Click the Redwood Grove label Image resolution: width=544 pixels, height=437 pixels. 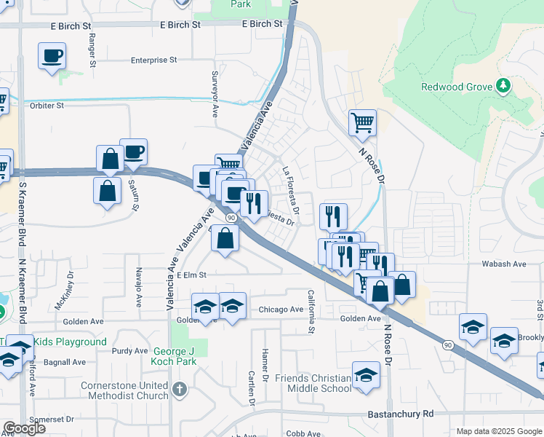click(457, 87)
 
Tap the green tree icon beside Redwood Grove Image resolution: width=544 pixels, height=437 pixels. click(503, 87)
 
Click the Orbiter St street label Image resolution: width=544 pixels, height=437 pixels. click(47, 106)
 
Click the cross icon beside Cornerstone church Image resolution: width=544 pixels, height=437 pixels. click(181, 390)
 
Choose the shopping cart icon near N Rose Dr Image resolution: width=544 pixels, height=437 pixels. click(362, 122)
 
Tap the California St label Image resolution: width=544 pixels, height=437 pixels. click(311, 312)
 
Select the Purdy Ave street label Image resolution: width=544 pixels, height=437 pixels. click(130, 351)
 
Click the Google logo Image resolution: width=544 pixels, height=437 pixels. click(24, 428)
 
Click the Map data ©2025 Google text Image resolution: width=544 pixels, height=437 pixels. click(498, 431)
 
